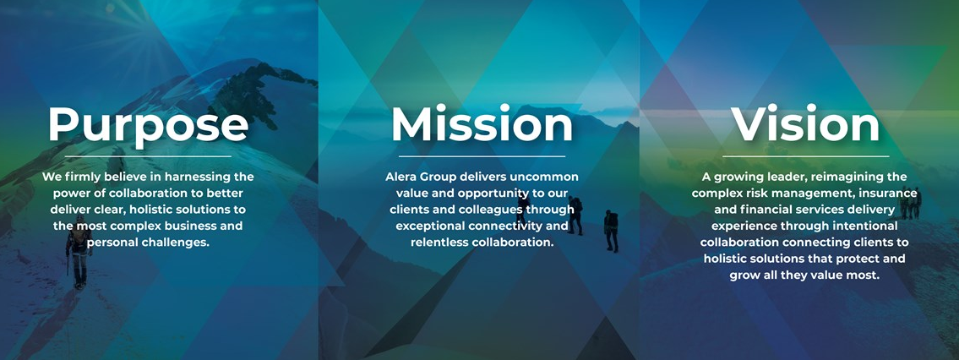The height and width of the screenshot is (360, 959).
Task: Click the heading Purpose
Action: pos(148,125)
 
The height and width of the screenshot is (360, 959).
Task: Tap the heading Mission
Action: pos(482,124)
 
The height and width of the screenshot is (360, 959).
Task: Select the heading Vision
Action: pos(805,124)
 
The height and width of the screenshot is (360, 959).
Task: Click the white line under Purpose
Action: pos(148,156)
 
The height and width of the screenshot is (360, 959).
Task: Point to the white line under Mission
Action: pos(482,156)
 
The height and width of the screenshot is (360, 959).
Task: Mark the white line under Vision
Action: pos(805,156)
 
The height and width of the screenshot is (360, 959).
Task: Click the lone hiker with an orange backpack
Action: pos(79,251)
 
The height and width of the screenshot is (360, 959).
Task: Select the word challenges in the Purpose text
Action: pos(177,242)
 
